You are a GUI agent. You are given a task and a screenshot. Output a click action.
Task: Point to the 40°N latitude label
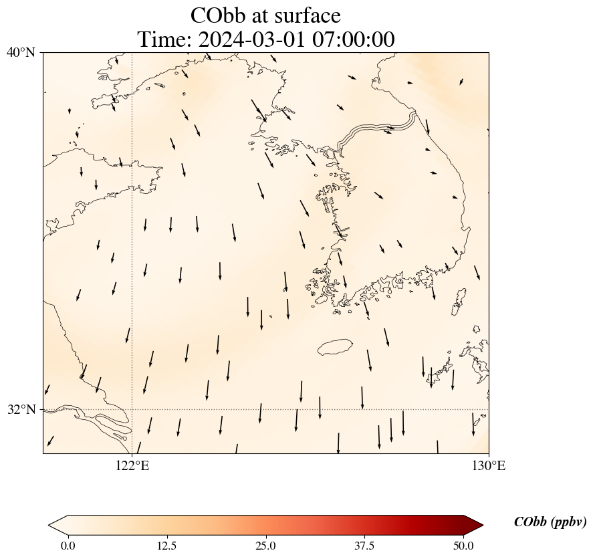(21, 52)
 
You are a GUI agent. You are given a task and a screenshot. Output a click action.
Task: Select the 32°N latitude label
(21, 409)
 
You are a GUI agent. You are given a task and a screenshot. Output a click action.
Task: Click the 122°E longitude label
(132, 465)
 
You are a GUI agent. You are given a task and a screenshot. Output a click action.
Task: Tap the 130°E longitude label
(489, 465)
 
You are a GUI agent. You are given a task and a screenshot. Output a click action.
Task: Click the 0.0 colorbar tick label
(68, 546)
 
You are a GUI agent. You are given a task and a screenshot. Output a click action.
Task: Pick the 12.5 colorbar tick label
(166, 546)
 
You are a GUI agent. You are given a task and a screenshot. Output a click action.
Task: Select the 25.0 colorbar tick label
(265, 546)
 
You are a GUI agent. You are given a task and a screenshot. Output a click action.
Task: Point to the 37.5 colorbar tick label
(364, 546)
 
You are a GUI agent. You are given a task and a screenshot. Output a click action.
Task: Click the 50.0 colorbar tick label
(463, 546)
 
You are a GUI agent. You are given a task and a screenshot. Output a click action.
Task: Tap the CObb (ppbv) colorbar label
(550, 522)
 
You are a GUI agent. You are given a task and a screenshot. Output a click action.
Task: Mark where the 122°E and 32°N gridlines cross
(132, 409)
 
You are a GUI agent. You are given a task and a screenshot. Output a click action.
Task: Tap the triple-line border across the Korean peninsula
(378, 129)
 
